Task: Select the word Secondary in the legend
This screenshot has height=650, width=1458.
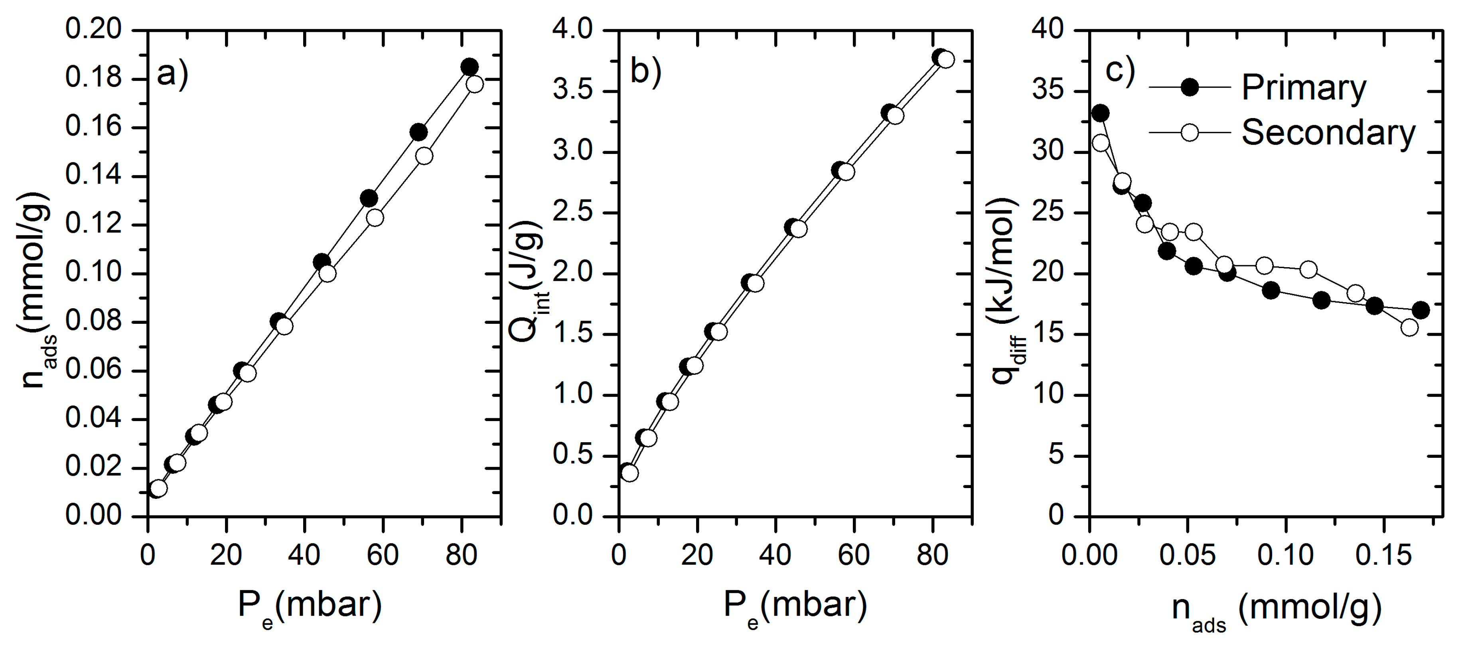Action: (1328, 132)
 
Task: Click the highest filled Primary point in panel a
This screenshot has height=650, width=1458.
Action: (469, 67)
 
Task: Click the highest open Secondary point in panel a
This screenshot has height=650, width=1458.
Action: (474, 84)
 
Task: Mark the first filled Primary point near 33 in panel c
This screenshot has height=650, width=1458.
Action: (1100, 113)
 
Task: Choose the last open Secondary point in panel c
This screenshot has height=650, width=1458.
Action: (1409, 327)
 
